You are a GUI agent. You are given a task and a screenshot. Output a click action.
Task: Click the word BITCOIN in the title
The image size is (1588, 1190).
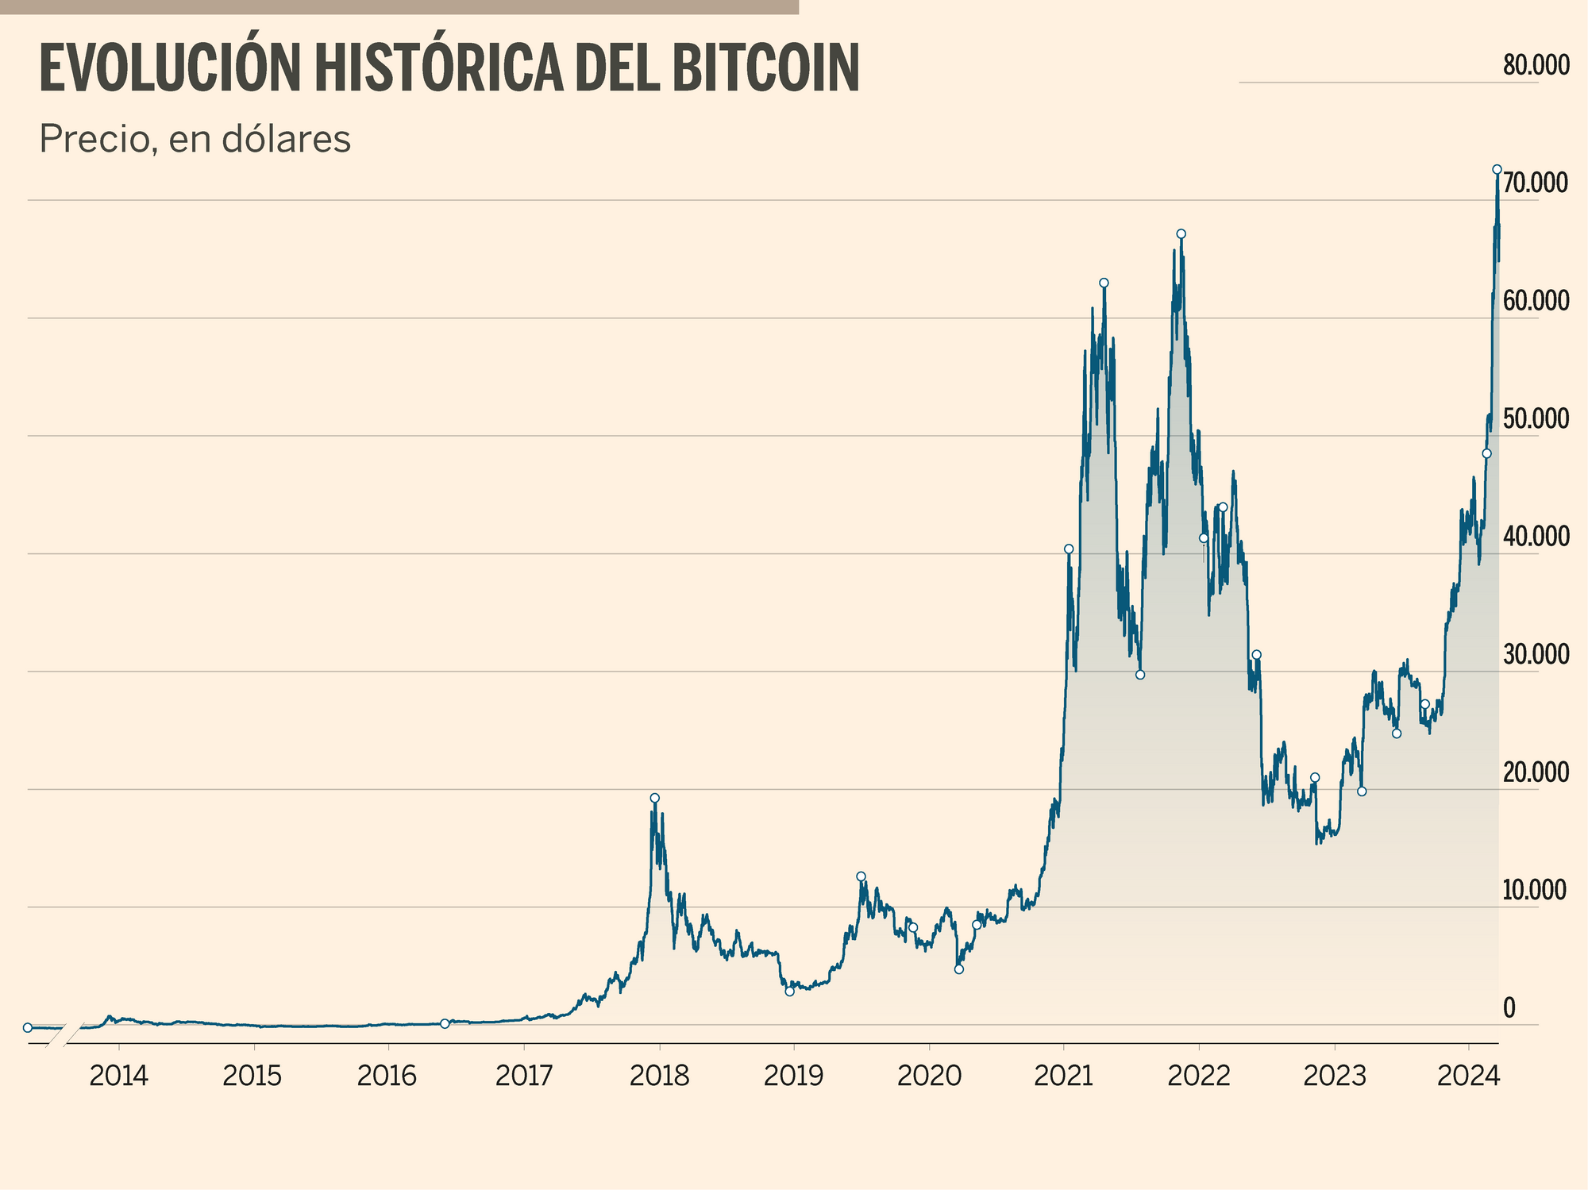click(765, 70)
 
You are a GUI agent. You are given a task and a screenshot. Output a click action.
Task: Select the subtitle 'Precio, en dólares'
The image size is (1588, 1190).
click(195, 140)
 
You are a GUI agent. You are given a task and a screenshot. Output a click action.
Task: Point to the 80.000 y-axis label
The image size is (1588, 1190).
click(1536, 66)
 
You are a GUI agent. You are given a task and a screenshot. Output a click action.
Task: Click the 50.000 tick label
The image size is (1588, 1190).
click(1536, 419)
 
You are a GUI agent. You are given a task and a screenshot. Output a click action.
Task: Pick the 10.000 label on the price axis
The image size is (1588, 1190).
click(1536, 891)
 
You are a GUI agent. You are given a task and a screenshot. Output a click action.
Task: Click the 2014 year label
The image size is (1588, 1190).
click(118, 1076)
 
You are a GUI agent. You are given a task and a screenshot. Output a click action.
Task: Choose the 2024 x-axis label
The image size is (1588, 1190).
click(1468, 1076)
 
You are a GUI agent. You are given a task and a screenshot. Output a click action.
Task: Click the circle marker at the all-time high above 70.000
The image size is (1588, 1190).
click(1497, 169)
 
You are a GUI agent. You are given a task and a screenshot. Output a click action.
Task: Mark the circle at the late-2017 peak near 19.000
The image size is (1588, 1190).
click(654, 798)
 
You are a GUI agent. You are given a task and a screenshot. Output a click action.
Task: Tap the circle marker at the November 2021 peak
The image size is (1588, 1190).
click(1181, 233)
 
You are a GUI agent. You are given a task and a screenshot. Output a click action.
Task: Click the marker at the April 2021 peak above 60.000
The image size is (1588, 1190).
click(1104, 283)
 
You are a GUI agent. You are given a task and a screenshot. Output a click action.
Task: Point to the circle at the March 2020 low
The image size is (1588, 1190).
click(958, 969)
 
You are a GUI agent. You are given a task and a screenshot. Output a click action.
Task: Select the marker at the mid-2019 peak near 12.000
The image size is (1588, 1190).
click(861, 876)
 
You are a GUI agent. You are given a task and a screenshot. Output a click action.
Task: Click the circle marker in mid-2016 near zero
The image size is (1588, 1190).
click(445, 1023)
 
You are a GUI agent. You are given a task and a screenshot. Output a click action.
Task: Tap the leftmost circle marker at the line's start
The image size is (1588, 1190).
click(28, 1027)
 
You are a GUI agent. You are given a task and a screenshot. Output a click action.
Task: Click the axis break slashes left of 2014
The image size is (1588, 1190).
click(63, 1037)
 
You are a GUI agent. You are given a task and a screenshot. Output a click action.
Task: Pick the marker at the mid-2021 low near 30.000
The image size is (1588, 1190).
click(1140, 675)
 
